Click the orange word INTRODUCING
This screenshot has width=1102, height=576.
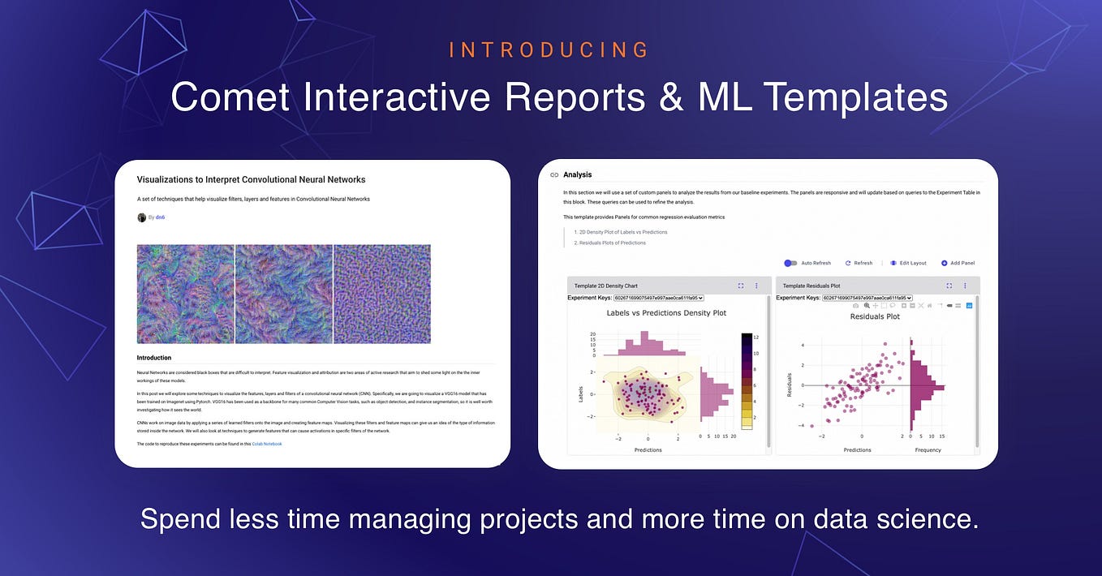(549, 50)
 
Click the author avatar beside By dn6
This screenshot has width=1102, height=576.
(142, 217)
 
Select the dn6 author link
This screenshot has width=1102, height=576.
(161, 217)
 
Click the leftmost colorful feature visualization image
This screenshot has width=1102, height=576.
(185, 294)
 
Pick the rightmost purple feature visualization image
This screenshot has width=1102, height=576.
(382, 294)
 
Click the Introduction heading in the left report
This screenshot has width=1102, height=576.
(154, 358)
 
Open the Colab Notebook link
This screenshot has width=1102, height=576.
(267, 444)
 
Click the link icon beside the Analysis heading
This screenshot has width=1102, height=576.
(554, 174)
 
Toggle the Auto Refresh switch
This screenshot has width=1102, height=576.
(790, 263)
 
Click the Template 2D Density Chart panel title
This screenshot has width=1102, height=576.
(605, 286)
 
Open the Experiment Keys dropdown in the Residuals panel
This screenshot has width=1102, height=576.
(867, 298)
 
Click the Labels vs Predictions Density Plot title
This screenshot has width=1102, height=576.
(666, 312)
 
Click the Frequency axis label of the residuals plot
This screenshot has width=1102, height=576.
(928, 449)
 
